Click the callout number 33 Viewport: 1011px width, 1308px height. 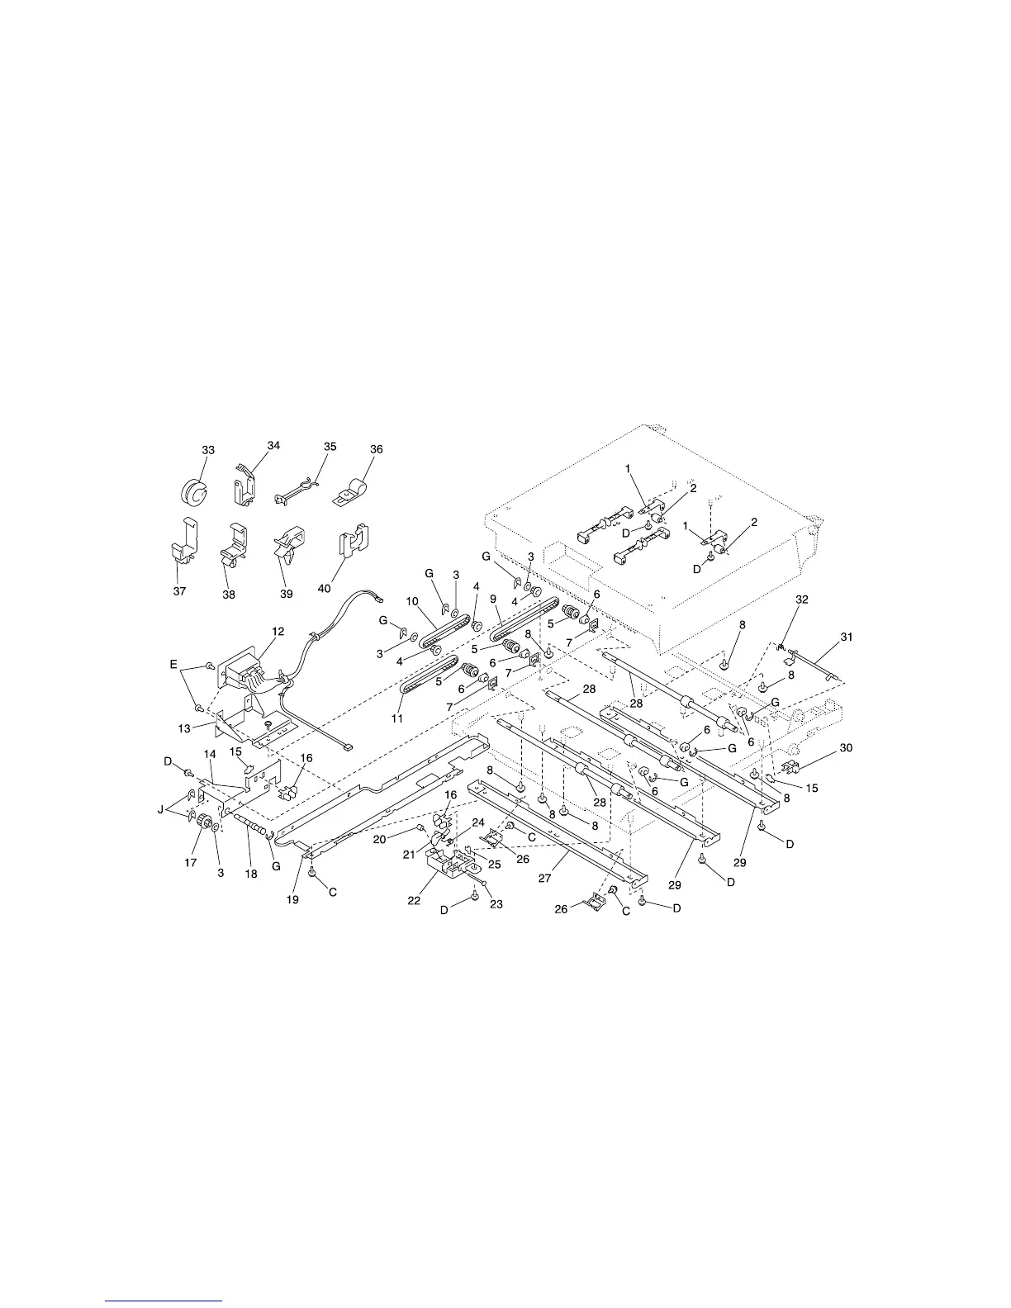pyautogui.click(x=208, y=450)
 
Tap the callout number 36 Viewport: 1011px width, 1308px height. pyautogui.click(x=376, y=450)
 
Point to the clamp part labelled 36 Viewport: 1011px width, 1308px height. pyautogui.click(x=351, y=492)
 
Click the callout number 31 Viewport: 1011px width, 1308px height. pyautogui.click(x=847, y=637)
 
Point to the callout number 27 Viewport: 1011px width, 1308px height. pyautogui.click(x=545, y=879)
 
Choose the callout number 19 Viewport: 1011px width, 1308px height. pyautogui.click(x=292, y=900)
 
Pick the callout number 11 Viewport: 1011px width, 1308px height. pyautogui.click(x=397, y=719)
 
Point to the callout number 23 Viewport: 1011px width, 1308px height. pyautogui.click(x=497, y=904)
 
